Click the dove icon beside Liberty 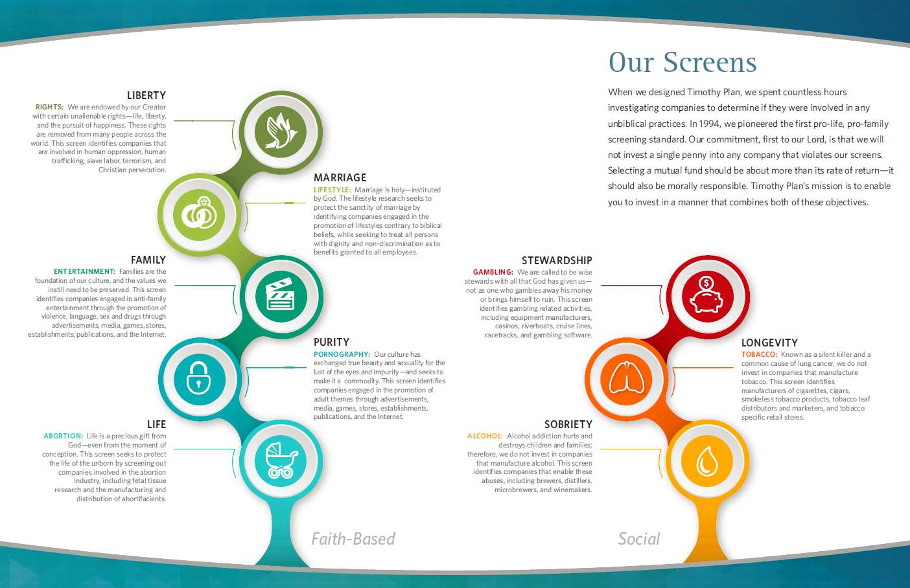(x=281, y=131)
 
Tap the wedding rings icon (x=199, y=214)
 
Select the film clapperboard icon (x=281, y=296)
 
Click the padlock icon (x=199, y=378)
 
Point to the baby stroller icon (x=281, y=460)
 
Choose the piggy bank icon (x=706, y=296)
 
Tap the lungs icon (x=625, y=378)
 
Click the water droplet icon (x=706, y=461)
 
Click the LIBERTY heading (x=146, y=95)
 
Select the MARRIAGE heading (x=340, y=177)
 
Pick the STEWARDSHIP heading (x=557, y=260)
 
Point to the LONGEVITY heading (x=769, y=343)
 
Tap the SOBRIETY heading (x=568, y=424)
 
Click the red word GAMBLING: (x=493, y=272)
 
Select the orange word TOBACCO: (x=759, y=354)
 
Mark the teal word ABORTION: (x=63, y=436)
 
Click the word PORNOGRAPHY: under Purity (x=342, y=354)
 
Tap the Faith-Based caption (x=353, y=539)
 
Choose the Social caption (x=638, y=539)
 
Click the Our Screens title (x=682, y=62)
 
